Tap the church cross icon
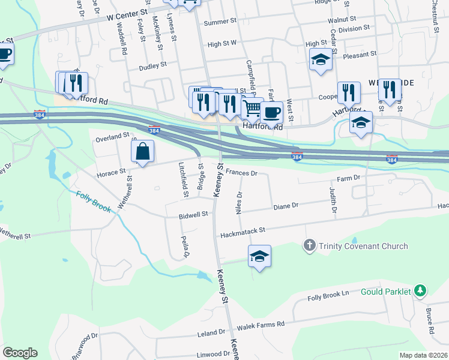tap(310, 245)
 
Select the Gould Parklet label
tap(385, 292)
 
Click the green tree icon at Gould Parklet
tap(421, 292)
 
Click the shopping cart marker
tap(253, 110)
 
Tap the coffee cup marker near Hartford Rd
tap(271, 112)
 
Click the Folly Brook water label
tap(93, 201)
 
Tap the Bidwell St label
tap(193, 214)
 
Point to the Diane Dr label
tap(286, 206)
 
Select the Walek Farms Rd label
tap(260, 325)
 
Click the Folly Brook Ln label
tap(328, 296)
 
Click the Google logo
tap(20, 353)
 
